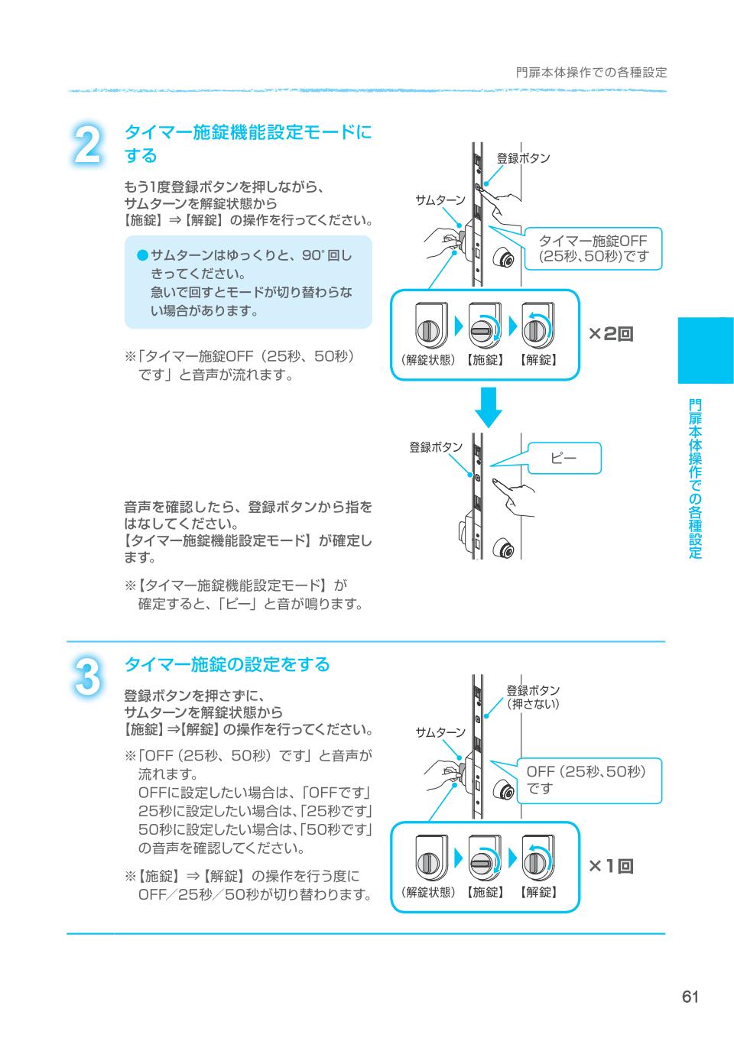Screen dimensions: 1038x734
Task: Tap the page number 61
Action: tap(690, 997)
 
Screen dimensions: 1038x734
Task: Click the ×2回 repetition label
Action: tap(611, 334)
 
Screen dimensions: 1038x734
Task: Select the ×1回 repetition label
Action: tap(611, 866)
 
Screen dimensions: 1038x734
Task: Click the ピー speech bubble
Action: tap(563, 458)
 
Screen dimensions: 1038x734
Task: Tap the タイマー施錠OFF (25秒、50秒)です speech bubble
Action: tap(593, 248)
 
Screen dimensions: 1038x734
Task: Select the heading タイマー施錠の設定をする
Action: tap(227, 664)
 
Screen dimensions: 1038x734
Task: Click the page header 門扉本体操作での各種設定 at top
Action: tap(591, 73)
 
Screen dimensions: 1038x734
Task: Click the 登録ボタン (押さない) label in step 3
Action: tap(533, 696)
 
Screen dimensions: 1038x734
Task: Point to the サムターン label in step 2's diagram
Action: tap(440, 200)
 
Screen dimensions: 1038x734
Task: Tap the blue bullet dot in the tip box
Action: tap(141, 255)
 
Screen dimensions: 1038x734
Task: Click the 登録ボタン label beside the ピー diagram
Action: tap(436, 447)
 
